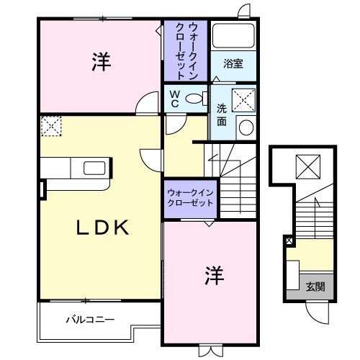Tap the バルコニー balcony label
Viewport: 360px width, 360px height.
(90, 318)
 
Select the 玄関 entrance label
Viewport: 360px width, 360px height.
(315, 287)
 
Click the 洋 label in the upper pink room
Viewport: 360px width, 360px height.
(101, 63)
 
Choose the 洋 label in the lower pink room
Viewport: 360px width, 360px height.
(212, 275)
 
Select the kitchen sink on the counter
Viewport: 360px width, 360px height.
(94, 169)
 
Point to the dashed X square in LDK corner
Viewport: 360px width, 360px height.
(52, 127)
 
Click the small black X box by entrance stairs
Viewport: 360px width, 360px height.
(289, 240)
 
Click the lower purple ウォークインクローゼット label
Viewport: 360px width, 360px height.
(190, 198)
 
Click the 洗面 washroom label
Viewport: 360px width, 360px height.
(222, 115)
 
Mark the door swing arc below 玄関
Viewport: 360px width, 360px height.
(317, 312)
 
